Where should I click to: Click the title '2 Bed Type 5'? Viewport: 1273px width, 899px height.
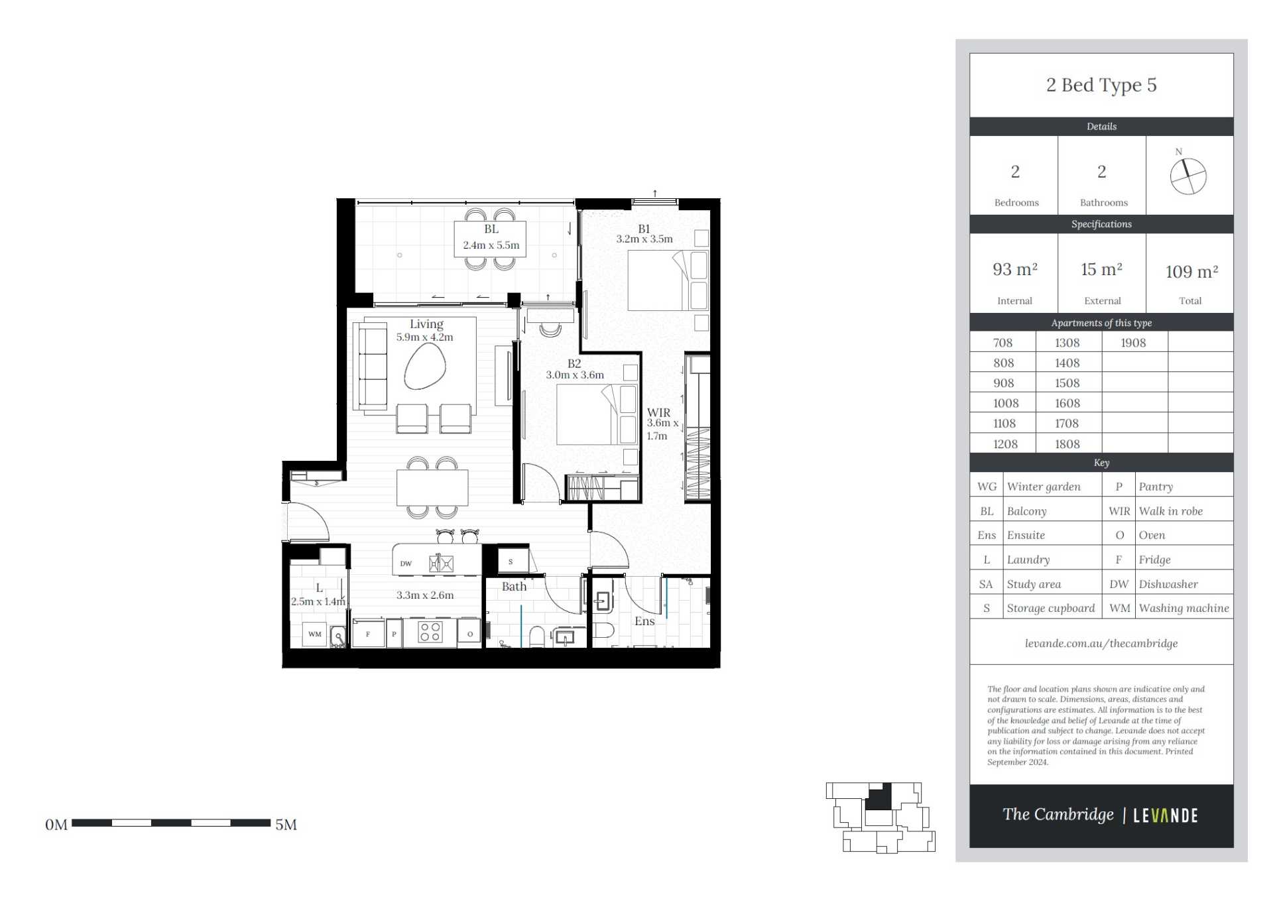point(1101,85)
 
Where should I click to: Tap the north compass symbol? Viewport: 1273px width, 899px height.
point(1188,176)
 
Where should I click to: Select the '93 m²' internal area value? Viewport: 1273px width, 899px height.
point(1014,269)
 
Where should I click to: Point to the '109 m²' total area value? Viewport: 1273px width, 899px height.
point(1191,271)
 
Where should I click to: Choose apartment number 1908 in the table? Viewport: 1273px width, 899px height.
point(1133,343)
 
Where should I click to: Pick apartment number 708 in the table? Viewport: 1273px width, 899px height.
point(1002,343)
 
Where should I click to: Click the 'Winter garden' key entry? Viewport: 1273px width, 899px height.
point(1044,487)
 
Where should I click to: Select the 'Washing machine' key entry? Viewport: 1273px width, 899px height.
point(1183,608)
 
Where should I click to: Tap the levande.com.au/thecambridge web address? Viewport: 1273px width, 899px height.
point(1101,643)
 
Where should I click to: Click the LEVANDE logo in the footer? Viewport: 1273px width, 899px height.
point(1165,815)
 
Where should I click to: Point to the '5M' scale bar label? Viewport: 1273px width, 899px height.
point(286,825)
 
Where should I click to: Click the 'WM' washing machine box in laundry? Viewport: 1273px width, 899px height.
point(315,634)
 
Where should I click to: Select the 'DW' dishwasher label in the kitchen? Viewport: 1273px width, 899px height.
point(406,564)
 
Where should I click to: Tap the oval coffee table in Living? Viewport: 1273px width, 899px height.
point(425,367)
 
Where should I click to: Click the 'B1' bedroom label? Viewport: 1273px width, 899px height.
point(644,229)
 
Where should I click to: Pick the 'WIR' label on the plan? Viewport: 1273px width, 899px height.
point(658,412)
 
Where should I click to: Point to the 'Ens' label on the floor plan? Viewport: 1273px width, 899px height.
point(644,621)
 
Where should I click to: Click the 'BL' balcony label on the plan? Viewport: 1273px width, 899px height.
point(491,229)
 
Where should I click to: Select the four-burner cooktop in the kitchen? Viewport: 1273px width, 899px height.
point(430,632)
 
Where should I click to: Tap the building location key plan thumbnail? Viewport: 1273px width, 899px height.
point(880,817)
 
